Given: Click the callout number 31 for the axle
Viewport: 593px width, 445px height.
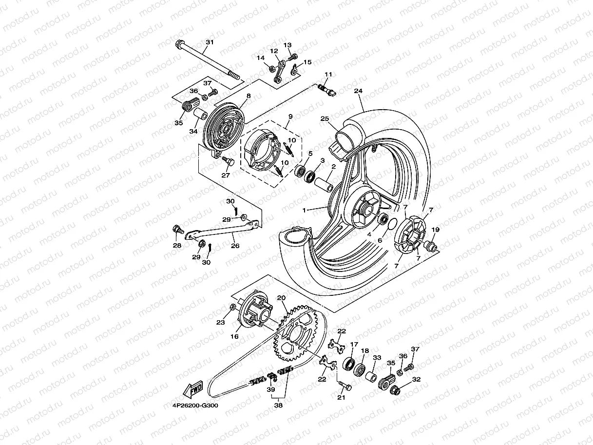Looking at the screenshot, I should point(209,42).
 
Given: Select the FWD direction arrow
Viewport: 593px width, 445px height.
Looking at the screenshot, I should point(193,389).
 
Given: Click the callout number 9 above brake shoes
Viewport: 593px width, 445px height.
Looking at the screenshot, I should point(290,117).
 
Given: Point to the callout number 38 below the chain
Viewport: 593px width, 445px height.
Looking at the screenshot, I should point(278,404).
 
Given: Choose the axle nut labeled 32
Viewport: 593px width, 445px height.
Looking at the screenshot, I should point(395,389).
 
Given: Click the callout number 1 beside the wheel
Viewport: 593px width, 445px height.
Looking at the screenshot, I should point(304,210).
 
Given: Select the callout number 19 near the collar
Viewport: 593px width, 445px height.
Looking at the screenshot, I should point(435,230).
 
